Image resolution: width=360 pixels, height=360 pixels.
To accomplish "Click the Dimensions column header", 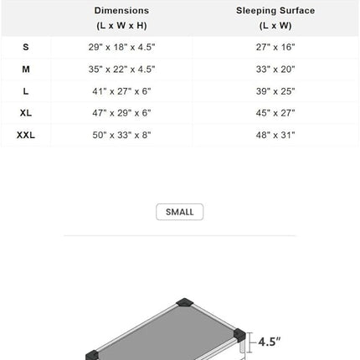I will click(121, 18).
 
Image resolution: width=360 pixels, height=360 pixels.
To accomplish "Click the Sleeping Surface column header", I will click(275, 18).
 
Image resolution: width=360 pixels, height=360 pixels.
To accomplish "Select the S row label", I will click(25, 48).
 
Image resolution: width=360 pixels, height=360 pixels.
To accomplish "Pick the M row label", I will click(25, 69).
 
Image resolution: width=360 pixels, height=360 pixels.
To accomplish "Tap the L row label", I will click(25, 90).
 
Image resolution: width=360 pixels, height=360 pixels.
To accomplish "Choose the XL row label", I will click(25, 112).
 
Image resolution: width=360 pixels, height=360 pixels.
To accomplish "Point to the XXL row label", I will click(25, 134).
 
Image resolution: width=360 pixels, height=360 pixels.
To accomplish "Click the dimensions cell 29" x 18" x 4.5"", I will click(121, 48).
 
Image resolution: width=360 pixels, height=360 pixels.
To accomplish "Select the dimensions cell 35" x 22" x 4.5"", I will click(121, 69).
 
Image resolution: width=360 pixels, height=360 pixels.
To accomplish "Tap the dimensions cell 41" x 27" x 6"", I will click(121, 90).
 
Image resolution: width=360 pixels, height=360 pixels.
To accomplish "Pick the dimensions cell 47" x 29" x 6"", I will click(121, 112).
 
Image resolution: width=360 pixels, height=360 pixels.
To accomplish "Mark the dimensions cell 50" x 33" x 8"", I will click(121, 134).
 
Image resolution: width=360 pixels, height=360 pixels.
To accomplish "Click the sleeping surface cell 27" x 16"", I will click(275, 48).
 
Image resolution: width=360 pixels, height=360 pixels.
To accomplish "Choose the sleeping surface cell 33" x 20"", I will click(275, 69).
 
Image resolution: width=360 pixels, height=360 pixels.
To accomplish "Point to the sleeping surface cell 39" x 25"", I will click(275, 90).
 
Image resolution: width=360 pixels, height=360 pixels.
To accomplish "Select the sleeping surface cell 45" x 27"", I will click(275, 112).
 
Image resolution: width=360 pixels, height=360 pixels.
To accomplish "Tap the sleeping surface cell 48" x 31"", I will click(275, 134).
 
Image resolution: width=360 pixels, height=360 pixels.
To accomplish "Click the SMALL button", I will click(179, 212).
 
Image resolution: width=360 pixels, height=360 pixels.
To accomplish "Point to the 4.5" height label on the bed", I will click(270, 342).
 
